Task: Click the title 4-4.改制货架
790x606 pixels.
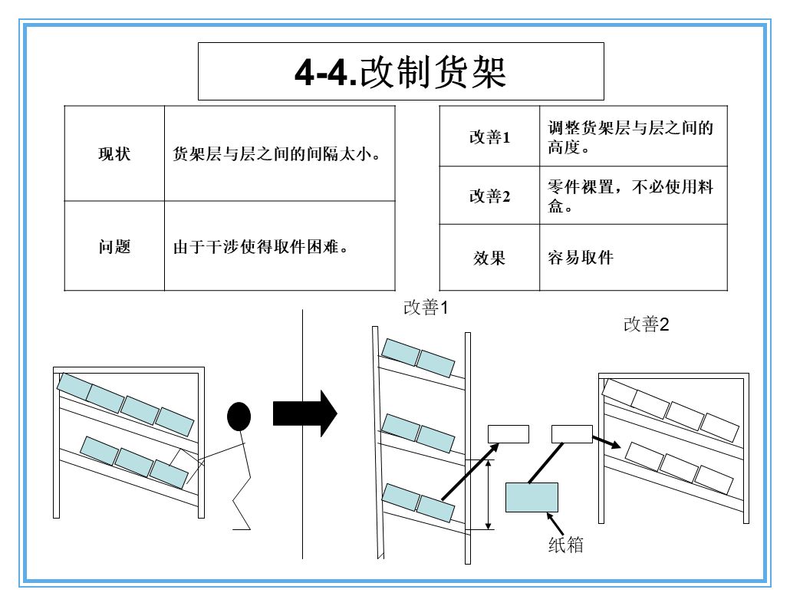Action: click(400, 72)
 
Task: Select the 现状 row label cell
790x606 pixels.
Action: click(114, 153)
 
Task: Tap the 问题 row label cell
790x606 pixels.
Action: click(114, 247)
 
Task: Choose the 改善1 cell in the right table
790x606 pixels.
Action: click(489, 137)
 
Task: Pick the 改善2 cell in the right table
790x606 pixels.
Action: click(489, 196)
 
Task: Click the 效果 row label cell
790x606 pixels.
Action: click(489, 259)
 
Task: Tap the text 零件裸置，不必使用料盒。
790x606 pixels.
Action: click(630, 196)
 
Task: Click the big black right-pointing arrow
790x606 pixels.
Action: click(304, 413)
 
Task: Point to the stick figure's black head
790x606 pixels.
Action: click(239, 417)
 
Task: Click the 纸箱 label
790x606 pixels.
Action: click(566, 545)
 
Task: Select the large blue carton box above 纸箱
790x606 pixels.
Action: click(532, 497)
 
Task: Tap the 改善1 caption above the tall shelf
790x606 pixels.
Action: click(426, 308)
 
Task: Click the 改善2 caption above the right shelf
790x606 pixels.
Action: click(647, 324)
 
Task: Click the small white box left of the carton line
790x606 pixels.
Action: click(509, 433)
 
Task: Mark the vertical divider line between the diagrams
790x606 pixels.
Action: click(302, 433)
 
